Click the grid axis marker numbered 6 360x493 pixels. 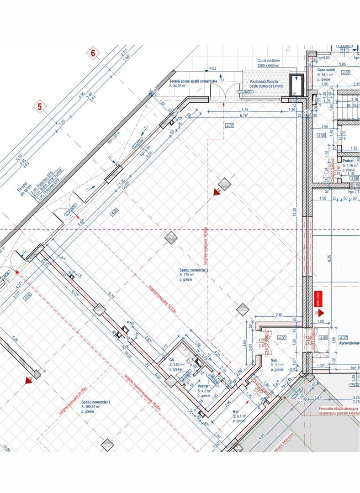tap(93, 53)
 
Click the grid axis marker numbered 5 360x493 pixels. tap(40, 108)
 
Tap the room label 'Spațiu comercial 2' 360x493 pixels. tap(194, 270)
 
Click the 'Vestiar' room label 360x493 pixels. tap(203, 386)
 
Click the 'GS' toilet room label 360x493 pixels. tap(172, 360)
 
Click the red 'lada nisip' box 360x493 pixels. tap(318, 299)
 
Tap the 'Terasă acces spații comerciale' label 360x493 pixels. tap(193, 80)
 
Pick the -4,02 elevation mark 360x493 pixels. tap(212, 68)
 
